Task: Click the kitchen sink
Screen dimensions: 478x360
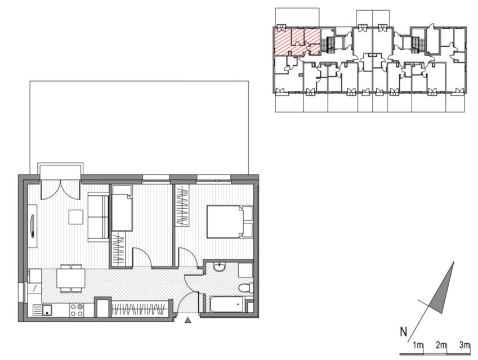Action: tap(42, 310)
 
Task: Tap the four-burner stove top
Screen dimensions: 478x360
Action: tap(77, 310)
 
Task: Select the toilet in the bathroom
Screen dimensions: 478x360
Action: tap(245, 287)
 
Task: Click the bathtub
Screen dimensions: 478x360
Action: tap(226, 304)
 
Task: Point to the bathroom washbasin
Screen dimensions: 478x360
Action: tap(219, 267)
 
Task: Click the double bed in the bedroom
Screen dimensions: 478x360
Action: tap(230, 222)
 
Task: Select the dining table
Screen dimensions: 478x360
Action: tap(71, 278)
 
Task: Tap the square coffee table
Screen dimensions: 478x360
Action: tap(76, 217)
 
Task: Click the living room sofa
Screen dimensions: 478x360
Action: tap(98, 217)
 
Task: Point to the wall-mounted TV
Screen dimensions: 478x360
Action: tap(32, 226)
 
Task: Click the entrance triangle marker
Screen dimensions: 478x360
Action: tap(188, 320)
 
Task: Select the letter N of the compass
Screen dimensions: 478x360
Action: tap(403, 332)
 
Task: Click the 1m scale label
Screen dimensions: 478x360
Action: tap(418, 345)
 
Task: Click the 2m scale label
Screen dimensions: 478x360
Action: tap(441, 345)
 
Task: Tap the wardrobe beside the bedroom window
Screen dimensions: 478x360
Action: tap(182, 205)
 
